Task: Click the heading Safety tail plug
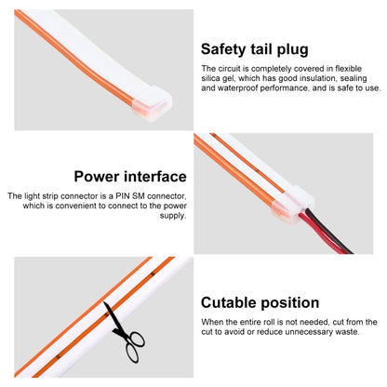click(x=255, y=49)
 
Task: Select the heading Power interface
click(x=130, y=177)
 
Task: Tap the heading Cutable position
click(x=260, y=302)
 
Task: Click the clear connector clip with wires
click(x=293, y=203)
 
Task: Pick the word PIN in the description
click(x=123, y=196)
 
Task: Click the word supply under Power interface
click(x=173, y=216)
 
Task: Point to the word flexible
click(x=349, y=69)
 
